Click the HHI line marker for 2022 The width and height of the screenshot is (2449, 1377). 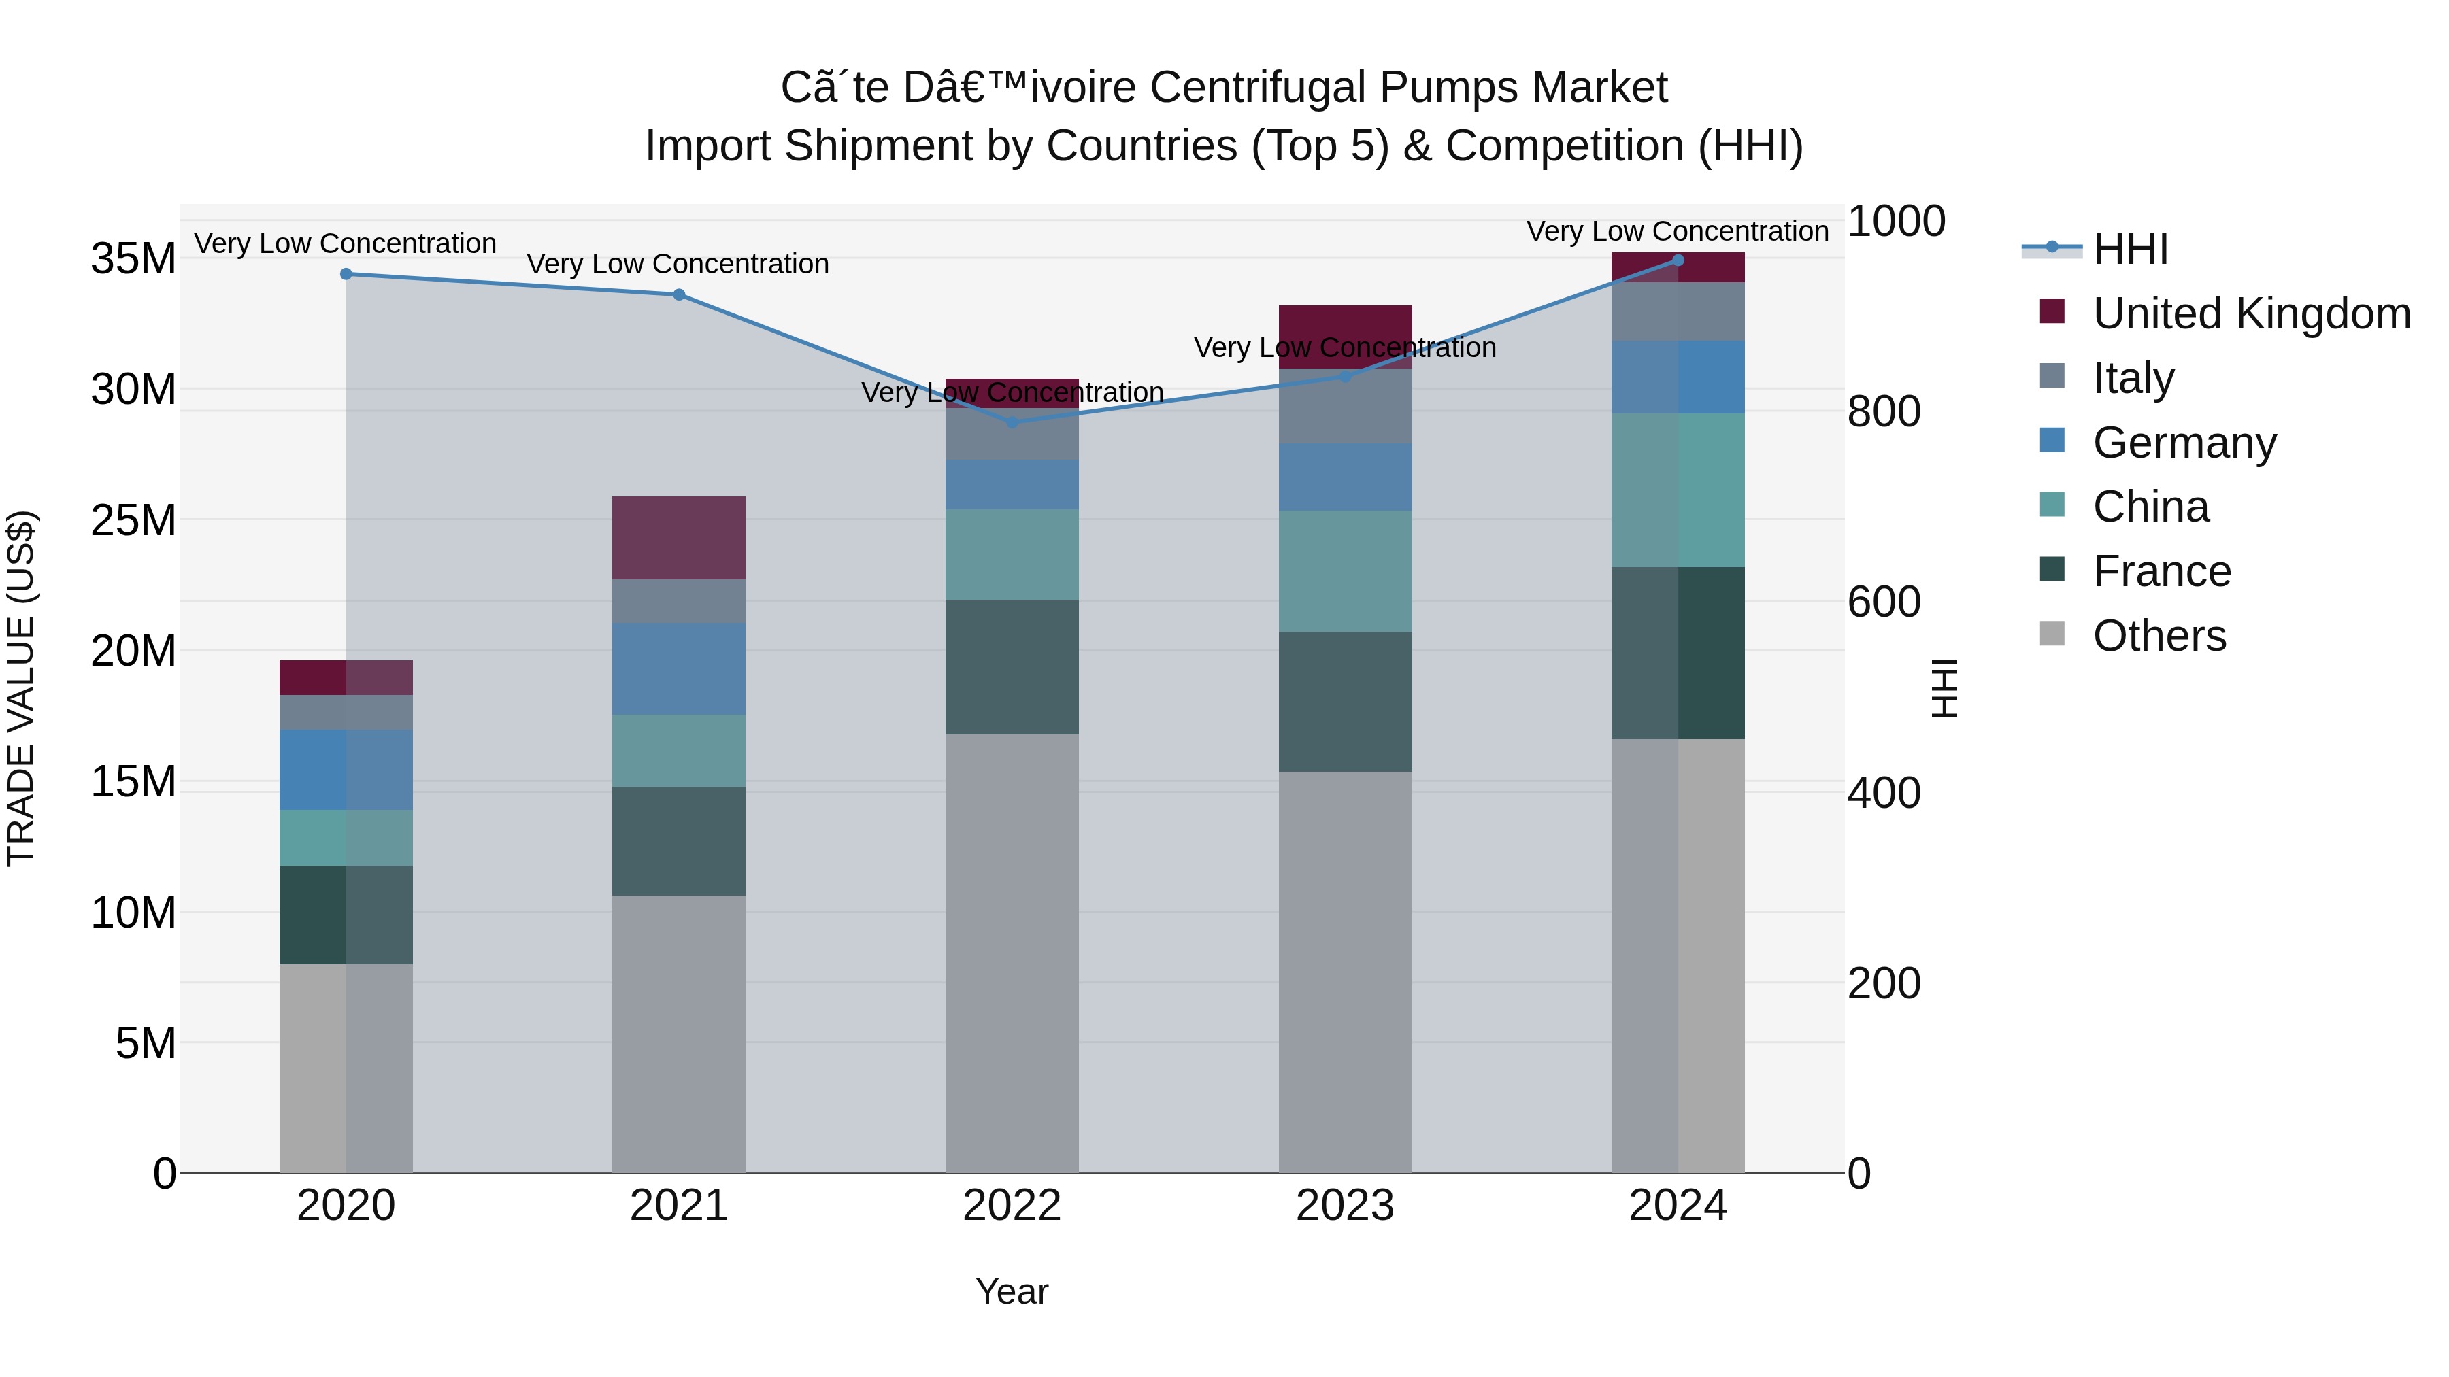(x=1012, y=422)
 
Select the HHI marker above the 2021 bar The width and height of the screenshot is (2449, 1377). (x=679, y=294)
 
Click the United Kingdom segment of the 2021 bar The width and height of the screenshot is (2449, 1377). (x=679, y=538)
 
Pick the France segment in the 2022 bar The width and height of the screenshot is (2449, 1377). (x=1012, y=666)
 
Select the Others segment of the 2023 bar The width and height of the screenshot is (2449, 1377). (x=1344, y=971)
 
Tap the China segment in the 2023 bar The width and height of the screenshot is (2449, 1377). (x=1344, y=571)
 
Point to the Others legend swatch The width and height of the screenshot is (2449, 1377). (x=2052, y=634)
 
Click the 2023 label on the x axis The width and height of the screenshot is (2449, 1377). (x=1344, y=1205)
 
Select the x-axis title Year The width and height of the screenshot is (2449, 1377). (x=1012, y=1291)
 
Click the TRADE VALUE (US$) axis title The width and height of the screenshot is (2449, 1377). (x=21, y=688)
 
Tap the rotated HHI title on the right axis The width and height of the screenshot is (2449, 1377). (x=1945, y=688)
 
